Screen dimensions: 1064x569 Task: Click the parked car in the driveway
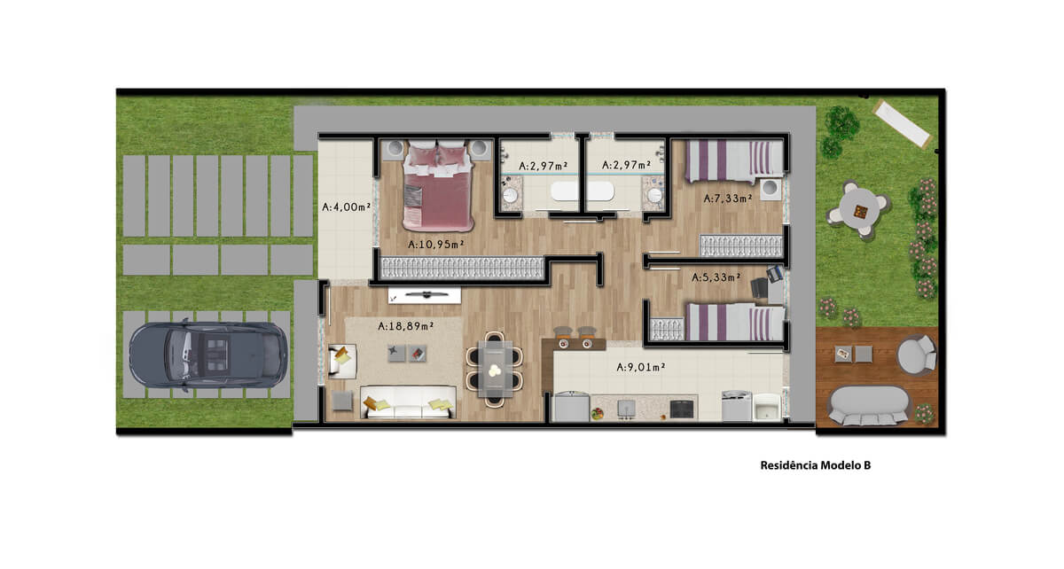click(x=208, y=355)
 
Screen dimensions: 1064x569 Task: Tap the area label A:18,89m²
click(x=406, y=326)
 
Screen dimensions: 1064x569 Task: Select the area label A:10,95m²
click(x=436, y=244)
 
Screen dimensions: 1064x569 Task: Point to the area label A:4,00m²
click(x=347, y=207)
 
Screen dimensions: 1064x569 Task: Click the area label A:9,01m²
click(x=641, y=367)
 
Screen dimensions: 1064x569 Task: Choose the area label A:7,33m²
click(x=728, y=198)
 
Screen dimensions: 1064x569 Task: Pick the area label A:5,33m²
click(x=716, y=277)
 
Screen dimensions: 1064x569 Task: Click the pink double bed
click(x=438, y=186)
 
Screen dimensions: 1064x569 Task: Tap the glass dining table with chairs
click(x=495, y=369)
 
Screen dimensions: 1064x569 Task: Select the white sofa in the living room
click(x=408, y=402)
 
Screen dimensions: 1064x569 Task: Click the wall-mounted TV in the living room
click(x=425, y=295)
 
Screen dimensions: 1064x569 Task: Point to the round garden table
click(x=859, y=210)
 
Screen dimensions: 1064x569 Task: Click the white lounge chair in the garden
click(x=903, y=124)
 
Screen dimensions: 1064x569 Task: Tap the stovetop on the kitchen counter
click(x=682, y=408)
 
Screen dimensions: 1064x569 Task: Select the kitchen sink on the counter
click(x=627, y=409)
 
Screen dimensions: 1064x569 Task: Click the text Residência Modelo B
click(x=816, y=465)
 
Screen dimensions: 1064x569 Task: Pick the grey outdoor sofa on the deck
click(x=868, y=405)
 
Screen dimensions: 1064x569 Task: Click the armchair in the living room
click(x=342, y=361)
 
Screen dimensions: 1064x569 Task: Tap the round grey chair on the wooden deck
click(x=916, y=355)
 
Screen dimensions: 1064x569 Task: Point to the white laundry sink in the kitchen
click(x=767, y=407)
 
